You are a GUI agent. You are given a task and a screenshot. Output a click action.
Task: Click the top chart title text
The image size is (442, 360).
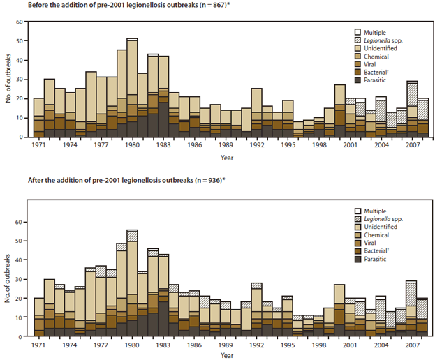click(x=140, y=6)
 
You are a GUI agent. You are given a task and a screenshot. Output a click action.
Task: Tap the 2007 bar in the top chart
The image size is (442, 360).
click(x=412, y=109)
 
